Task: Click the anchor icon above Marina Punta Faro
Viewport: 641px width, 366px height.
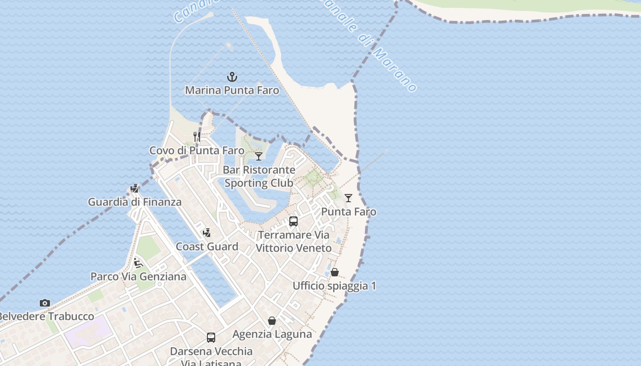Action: [232, 76]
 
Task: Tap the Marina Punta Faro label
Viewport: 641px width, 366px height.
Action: [232, 90]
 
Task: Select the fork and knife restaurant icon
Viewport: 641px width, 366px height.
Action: [197, 136]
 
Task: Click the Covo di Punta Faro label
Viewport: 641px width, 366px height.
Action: [197, 151]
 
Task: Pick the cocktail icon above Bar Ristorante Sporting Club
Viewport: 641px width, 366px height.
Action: [259, 156]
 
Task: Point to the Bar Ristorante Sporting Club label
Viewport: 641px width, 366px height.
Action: [259, 176]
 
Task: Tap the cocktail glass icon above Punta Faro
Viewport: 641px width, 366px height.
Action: [348, 198]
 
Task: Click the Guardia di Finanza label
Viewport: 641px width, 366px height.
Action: [135, 202]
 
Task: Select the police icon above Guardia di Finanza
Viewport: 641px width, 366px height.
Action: [135, 188]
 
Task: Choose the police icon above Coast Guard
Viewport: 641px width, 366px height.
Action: [207, 232]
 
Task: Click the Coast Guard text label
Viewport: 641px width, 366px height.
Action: [207, 247]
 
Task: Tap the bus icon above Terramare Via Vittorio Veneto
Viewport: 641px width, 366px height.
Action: [293, 221]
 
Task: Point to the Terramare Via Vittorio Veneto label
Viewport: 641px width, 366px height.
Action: [293, 242]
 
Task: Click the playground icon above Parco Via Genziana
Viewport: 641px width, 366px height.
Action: [138, 263]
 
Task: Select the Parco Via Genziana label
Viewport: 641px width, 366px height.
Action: [138, 277]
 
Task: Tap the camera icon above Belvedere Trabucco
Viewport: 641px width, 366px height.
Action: [44, 303]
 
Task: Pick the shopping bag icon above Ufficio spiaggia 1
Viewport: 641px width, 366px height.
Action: [335, 272]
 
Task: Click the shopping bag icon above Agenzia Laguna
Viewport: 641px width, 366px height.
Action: [272, 321]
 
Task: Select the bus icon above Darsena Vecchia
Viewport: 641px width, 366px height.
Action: [211, 338]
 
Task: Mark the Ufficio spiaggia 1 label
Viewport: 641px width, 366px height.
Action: [334, 286]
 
